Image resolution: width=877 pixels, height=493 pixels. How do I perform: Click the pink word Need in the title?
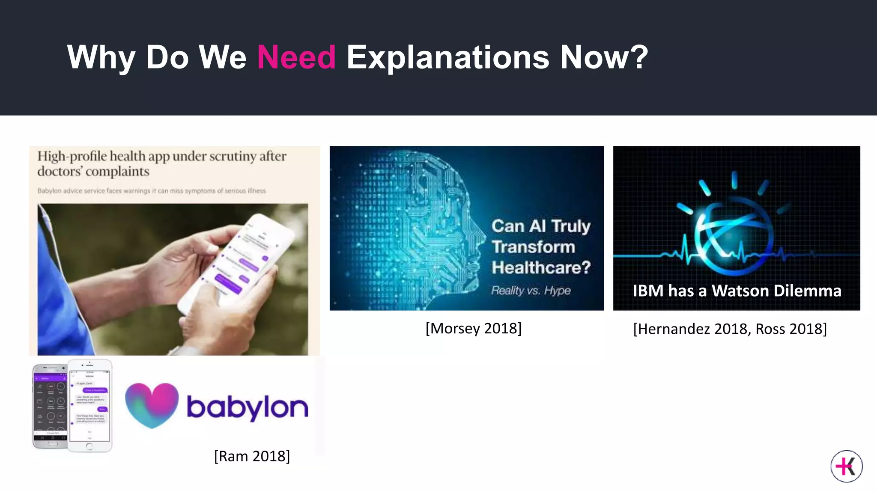point(296,57)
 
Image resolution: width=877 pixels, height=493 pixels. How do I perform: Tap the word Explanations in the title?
point(447,57)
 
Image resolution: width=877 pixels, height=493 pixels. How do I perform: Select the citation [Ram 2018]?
point(252,456)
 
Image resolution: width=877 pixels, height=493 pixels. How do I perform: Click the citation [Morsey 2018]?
point(473,328)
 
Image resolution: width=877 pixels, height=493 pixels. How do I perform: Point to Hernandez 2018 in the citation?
point(692,329)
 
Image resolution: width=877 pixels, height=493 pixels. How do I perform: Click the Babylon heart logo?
point(152,405)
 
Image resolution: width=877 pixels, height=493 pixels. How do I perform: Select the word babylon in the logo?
point(248,407)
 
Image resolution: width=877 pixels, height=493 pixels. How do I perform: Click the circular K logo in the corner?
point(847,466)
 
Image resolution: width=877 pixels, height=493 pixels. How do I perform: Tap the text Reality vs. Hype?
point(531,290)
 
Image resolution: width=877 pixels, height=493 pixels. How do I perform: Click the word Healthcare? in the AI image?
point(541,267)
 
